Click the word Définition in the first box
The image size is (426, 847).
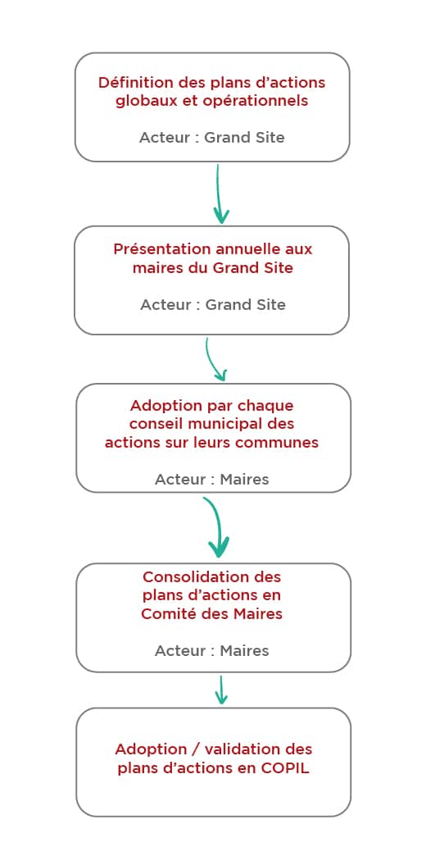click(x=128, y=83)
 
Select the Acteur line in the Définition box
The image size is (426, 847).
click(x=211, y=137)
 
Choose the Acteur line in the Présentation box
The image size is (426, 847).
click(x=213, y=305)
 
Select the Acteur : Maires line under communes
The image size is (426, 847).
click(x=211, y=480)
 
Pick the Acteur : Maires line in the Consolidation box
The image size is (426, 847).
click(x=211, y=651)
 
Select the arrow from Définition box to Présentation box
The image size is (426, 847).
click(x=219, y=194)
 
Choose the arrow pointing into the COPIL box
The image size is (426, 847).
click(x=220, y=690)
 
